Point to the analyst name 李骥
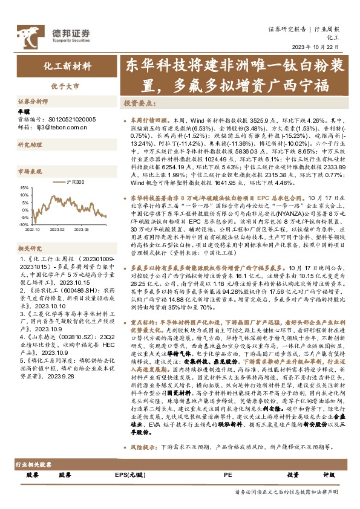(x=23, y=112)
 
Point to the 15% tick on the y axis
(x=24, y=188)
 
